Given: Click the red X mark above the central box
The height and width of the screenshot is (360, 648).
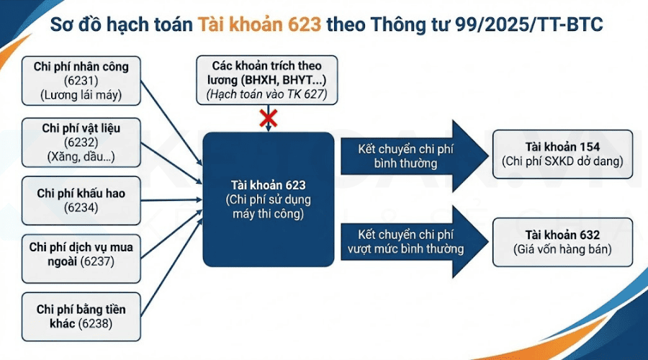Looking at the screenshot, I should [x=269, y=117].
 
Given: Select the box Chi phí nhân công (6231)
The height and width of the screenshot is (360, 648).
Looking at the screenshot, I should [x=81, y=81].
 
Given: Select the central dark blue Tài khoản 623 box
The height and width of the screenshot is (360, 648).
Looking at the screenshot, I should [x=268, y=199].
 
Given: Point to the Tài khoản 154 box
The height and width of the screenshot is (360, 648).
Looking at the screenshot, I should [x=562, y=153].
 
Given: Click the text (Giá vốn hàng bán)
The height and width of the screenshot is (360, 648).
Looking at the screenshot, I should [x=562, y=250].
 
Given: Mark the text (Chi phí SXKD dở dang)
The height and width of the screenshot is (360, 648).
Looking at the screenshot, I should [x=562, y=161].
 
